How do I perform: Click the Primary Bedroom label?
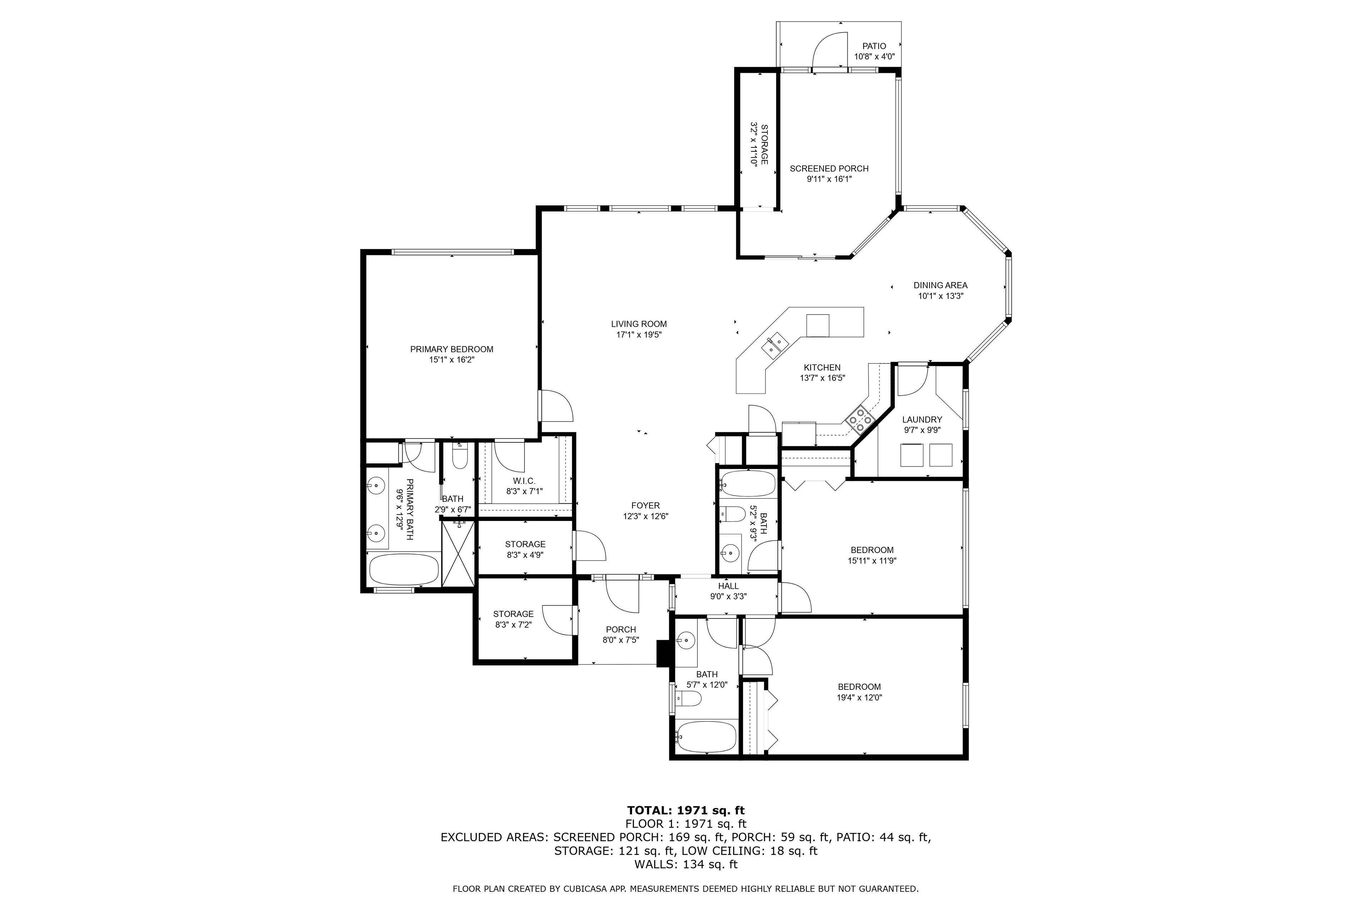pyautogui.click(x=452, y=349)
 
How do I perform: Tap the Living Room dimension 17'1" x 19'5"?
pyautogui.click(x=639, y=335)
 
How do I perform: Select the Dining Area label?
pyautogui.click(x=940, y=285)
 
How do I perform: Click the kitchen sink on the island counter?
pyautogui.click(x=775, y=343)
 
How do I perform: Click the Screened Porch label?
pyautogui.click(x=829, y=169)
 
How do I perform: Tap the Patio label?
pyautogui.click(x=874, y=46)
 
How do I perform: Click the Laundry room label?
pyautogui.click(x=922, y=420)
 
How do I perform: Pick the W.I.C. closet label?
pyautogui.click(x=524, y=481)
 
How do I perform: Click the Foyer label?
pyautogui.click(x=645, y=506)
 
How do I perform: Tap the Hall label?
pyautogui.click(x=728, y=586)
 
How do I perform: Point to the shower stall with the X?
pyautogui.click(x=458, y=553)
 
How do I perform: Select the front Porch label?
pyautogui.click(x=621, y=629)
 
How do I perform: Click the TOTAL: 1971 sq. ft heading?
pyautogui.click(x=686, y=810)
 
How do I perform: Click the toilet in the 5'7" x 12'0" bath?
pyautogui.click(x=689, y=698)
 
